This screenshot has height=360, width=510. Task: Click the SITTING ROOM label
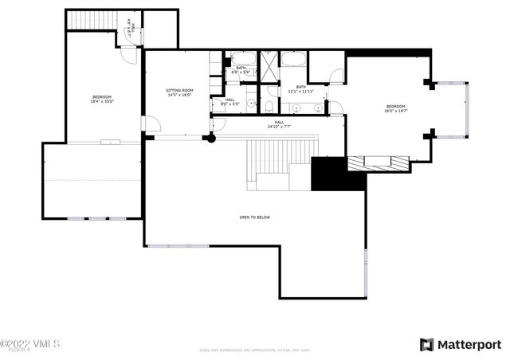coord(179,92)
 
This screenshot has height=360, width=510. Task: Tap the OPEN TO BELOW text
coord(255,217)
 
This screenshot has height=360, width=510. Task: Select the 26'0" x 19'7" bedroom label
coord(396,108)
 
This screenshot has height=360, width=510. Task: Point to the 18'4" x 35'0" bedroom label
coord(101,99)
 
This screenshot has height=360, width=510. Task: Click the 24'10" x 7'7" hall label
coord(280,124)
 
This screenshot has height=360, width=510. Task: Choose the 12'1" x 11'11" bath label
coord(301,88)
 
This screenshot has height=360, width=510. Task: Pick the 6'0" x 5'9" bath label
coord(241,69)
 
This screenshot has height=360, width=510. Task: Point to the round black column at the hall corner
coord(210,138)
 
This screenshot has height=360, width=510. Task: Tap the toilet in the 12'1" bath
coord(270,106)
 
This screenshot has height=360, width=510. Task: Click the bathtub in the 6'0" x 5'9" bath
coord(242,57)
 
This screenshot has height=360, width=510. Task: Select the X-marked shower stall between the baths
coord(270,65)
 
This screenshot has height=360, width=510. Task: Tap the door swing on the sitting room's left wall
coord(150,123)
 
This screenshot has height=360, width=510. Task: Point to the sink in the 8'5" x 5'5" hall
coord(250,104)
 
